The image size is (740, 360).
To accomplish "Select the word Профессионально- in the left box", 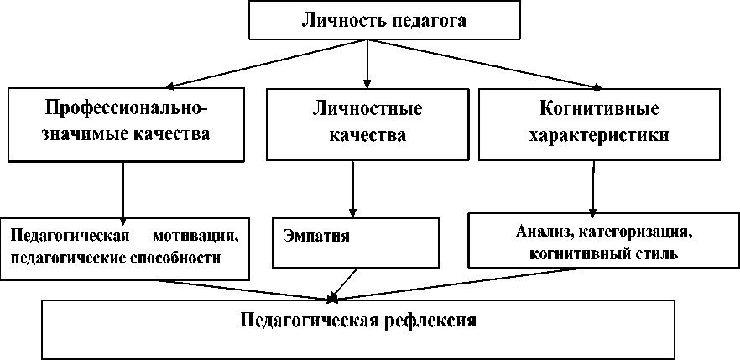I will tap(125, 110).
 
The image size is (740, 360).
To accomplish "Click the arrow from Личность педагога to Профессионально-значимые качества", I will tap(252, 64).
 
